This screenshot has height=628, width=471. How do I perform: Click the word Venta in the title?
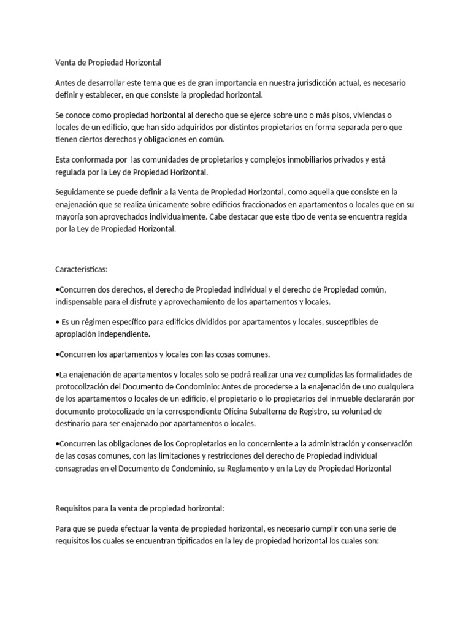[66, 63]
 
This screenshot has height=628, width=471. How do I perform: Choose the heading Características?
[81, 269]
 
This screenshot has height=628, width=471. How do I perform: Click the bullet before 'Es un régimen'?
[57, 322]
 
